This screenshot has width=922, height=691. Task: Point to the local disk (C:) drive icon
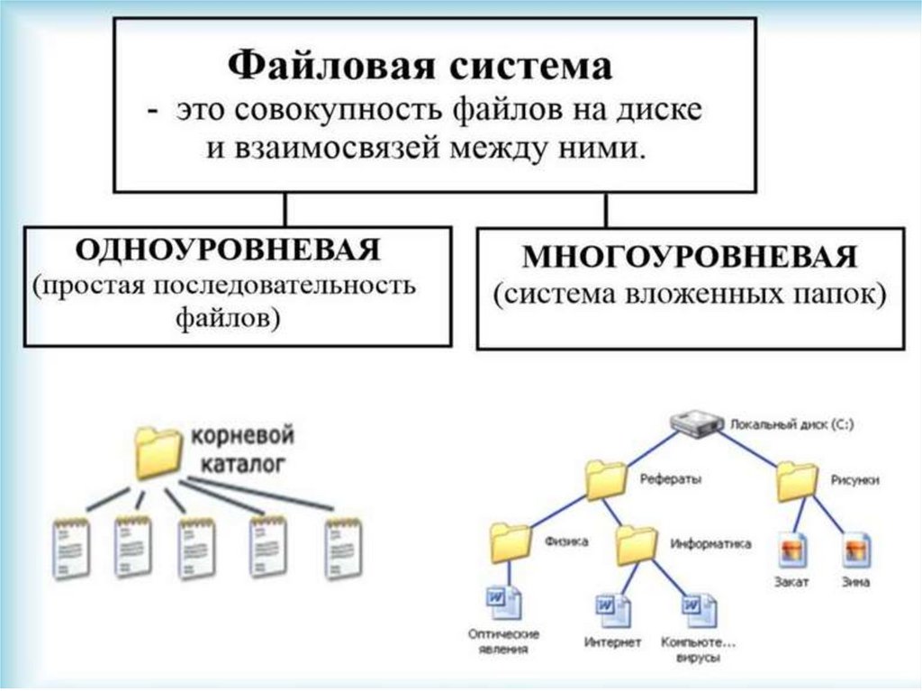(x=697, y=423)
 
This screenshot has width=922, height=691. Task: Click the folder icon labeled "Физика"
(x=511, y=543)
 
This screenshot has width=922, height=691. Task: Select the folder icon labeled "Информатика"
(x=637, y=543)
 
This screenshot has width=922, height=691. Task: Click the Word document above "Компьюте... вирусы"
(x=697, y=609)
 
